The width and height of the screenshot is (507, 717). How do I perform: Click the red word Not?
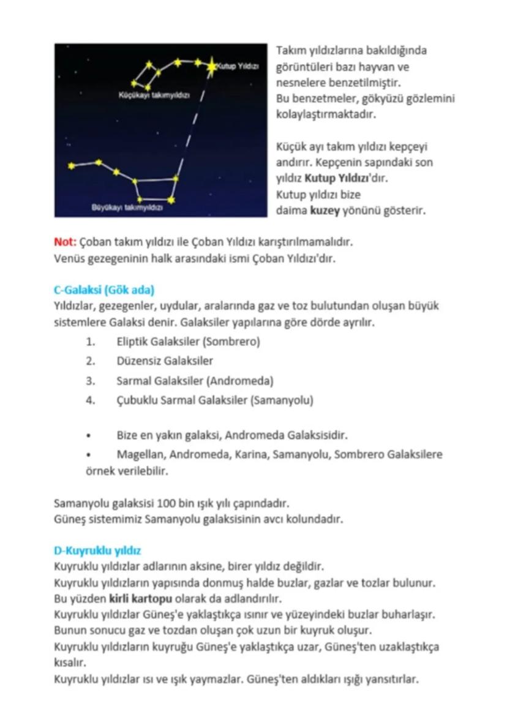(x=64, y=242)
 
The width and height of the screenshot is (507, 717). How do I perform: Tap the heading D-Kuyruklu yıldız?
(x=98, y=550)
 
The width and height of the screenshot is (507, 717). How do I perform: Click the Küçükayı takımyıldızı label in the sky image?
(x=154, y=96)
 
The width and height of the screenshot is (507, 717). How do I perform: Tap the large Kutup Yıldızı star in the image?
(x=212, y=66)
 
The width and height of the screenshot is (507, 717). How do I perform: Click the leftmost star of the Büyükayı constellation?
(x=72, y=165)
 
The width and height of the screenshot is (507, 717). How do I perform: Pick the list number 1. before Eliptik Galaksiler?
(x=91, y=342)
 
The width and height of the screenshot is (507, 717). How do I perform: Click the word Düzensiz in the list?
(x=137, y=361)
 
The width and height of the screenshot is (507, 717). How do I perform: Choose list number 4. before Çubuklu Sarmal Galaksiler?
(x=91, y=400)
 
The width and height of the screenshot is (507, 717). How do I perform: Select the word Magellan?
(x=140, y=455)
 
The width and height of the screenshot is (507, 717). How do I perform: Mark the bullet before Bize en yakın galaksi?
(x=89, y=436)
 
